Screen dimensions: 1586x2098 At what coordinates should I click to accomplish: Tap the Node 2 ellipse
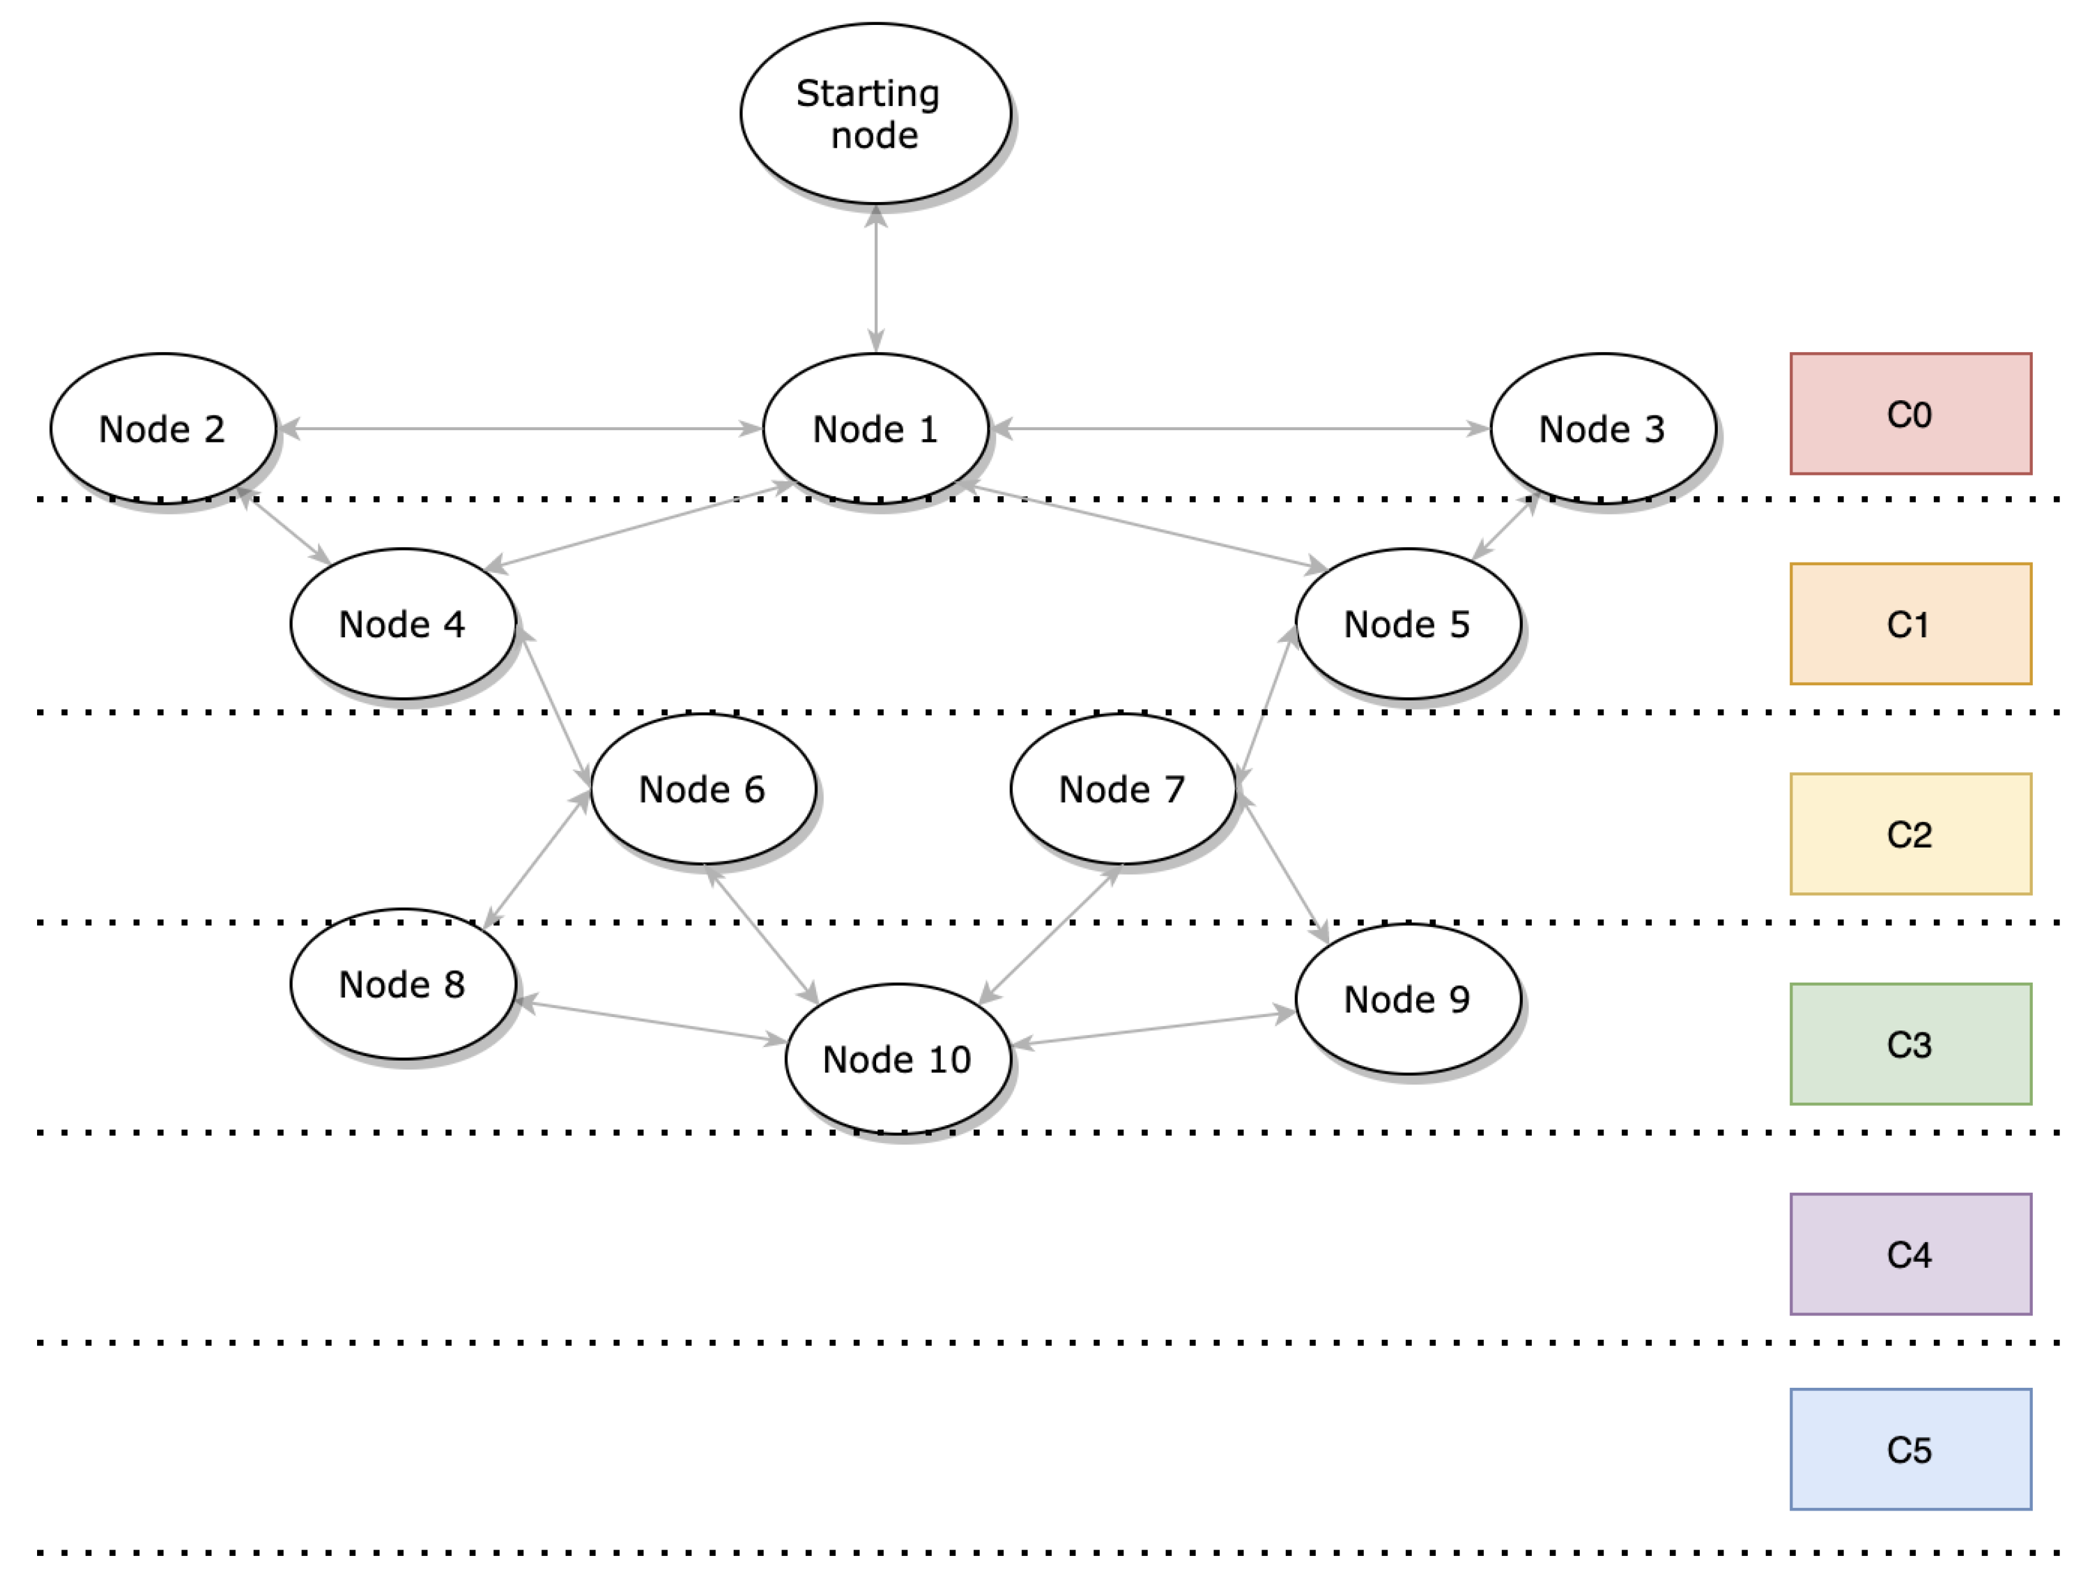162,429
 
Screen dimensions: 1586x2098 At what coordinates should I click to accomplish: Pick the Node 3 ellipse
1602,429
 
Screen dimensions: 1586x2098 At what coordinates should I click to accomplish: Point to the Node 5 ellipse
1408,623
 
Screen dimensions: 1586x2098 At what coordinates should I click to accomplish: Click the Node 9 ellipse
1408,999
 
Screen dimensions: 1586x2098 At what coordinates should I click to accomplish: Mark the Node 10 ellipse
897,1059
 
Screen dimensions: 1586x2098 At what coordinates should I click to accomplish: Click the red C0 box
1910,414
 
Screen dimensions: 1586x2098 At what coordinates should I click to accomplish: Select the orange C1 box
1910,623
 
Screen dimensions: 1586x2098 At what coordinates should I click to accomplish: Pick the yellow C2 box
1910,834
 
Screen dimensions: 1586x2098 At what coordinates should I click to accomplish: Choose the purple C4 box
1910,1254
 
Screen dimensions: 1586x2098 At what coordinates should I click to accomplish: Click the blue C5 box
1910,1449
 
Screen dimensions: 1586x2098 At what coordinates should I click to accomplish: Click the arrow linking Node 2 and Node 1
520,429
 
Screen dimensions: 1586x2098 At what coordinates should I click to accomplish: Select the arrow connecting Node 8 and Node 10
651,1022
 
